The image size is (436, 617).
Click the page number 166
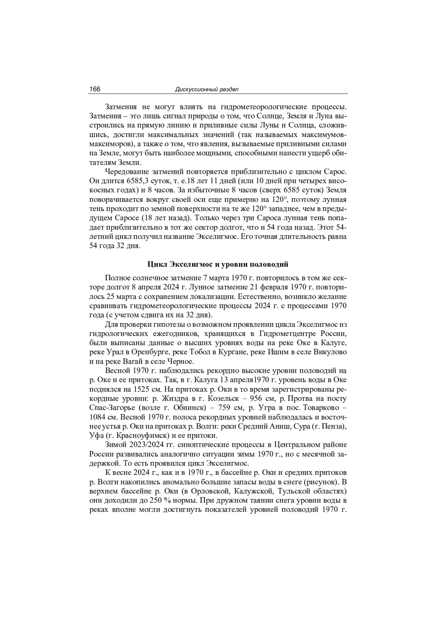click(x=95, y=89)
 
